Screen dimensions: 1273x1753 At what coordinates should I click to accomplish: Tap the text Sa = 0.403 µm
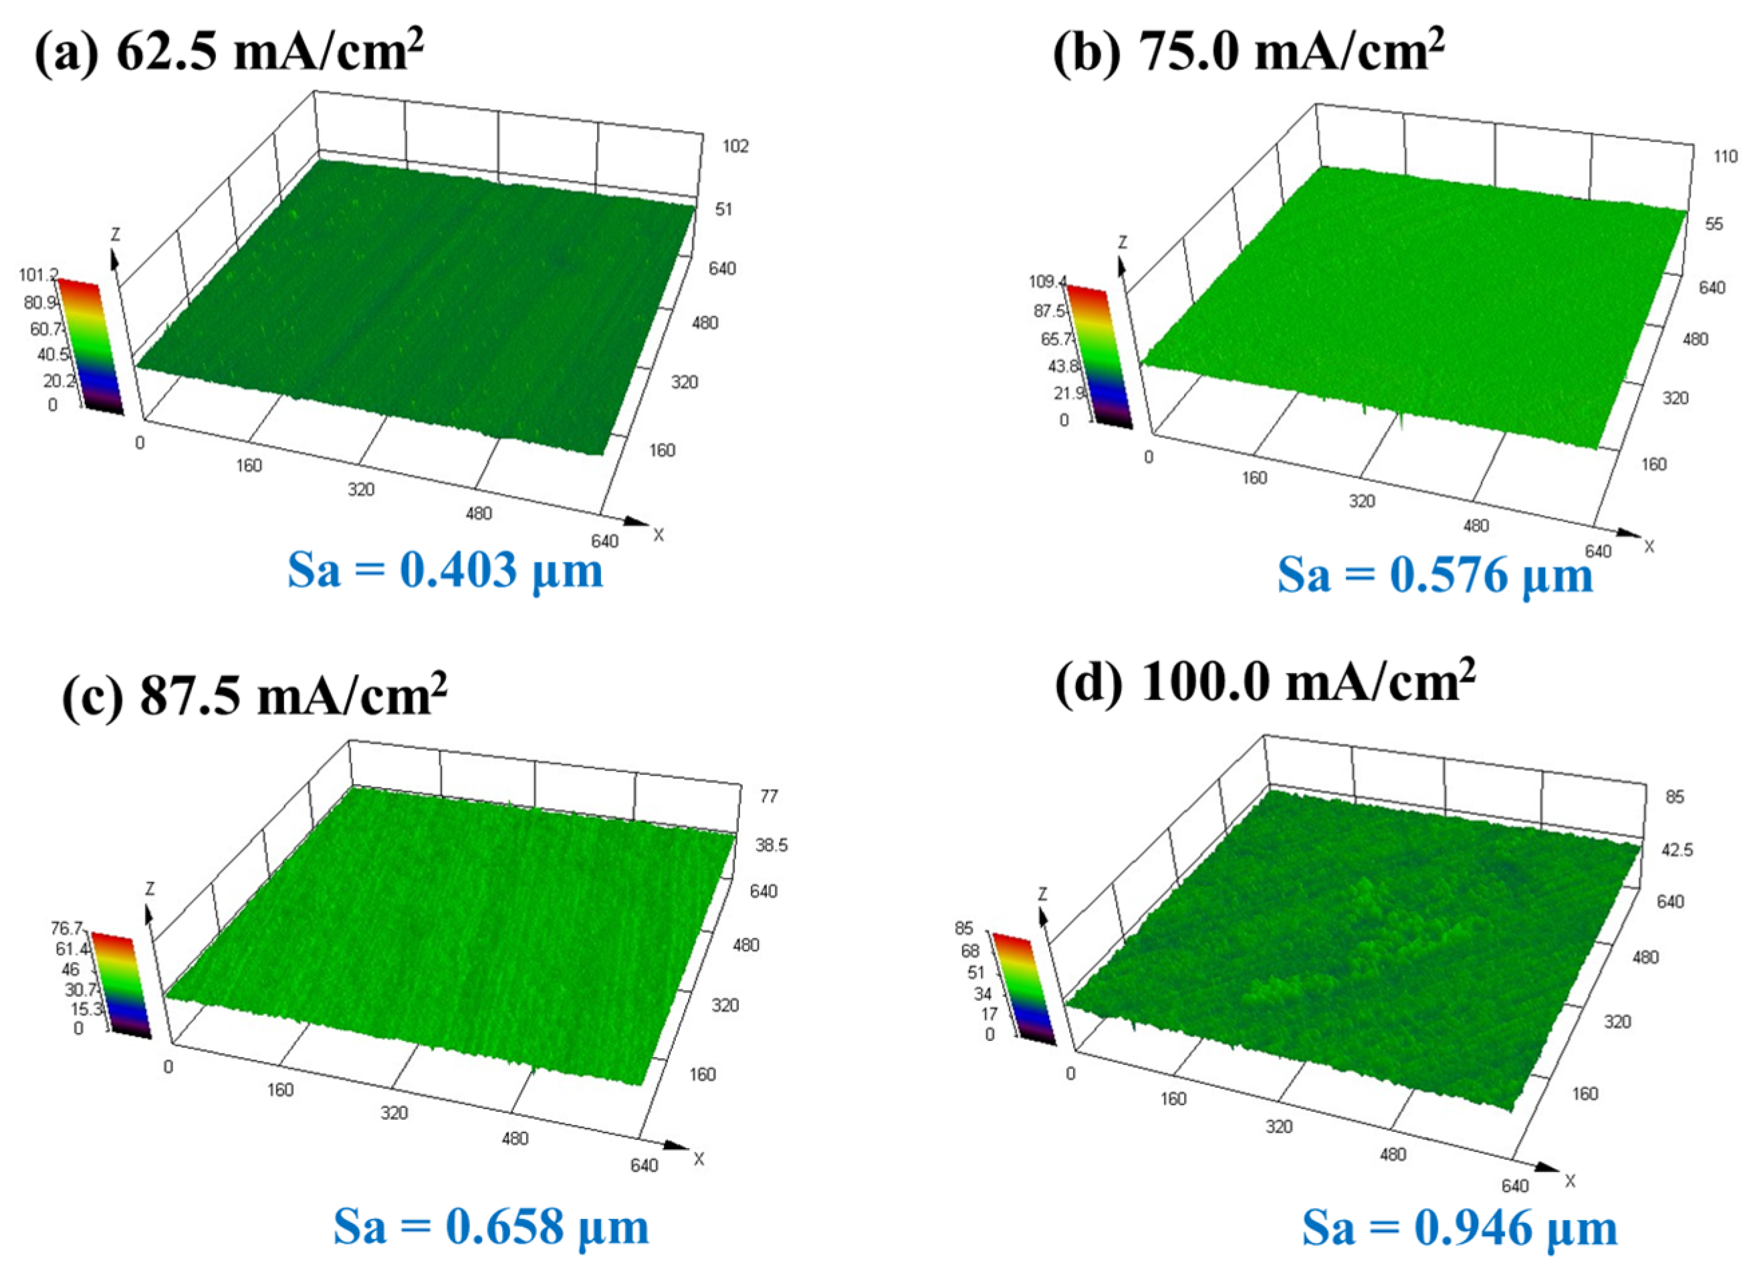tap(445, 570)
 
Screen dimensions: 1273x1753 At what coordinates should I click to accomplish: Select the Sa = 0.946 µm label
tap(1459, 1228)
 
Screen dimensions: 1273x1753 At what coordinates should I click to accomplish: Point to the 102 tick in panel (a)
tap(735, 146)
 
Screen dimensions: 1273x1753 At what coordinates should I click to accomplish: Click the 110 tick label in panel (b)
tap(1724, 157)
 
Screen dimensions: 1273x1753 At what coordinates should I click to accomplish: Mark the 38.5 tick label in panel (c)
tap(772, 845)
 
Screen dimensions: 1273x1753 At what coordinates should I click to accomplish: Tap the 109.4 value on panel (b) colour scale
tap(1045, 281)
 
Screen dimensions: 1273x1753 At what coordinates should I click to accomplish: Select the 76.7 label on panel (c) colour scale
tap(66, 927)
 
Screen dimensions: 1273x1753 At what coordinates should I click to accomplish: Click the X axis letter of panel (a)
tap(659, 535)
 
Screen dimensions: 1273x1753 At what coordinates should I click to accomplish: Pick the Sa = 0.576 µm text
tap(1435, 575)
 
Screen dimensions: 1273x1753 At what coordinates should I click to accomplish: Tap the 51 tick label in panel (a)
tap(723, 209)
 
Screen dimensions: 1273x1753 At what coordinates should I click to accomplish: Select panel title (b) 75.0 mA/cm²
tap(1248, 51)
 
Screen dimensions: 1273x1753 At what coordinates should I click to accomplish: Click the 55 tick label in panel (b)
tap(1714, 223)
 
